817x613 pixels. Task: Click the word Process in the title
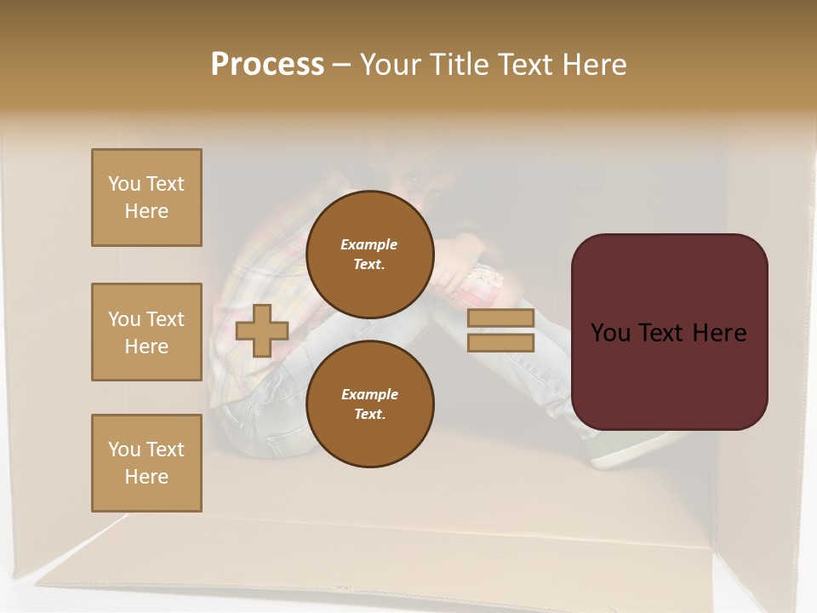coord(267,65)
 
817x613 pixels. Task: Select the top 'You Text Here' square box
coord(146,198)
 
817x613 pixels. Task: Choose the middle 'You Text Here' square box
coord(146,332)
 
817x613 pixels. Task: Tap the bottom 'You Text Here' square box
coord(146,463)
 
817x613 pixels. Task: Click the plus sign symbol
coord(262,330)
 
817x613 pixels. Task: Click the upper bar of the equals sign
coord(500,318)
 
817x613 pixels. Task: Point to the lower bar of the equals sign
coord(500,342)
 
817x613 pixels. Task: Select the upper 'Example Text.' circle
coord(369,254)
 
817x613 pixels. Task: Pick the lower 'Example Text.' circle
coord(369,404)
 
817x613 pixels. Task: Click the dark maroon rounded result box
coord(669,331)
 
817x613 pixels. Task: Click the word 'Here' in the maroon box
coord(720,333)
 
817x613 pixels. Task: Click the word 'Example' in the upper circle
coord(369,244)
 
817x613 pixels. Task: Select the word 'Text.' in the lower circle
coord(369,415)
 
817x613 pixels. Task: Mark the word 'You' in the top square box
coord(123,184)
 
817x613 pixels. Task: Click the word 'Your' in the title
coord(392,65)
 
